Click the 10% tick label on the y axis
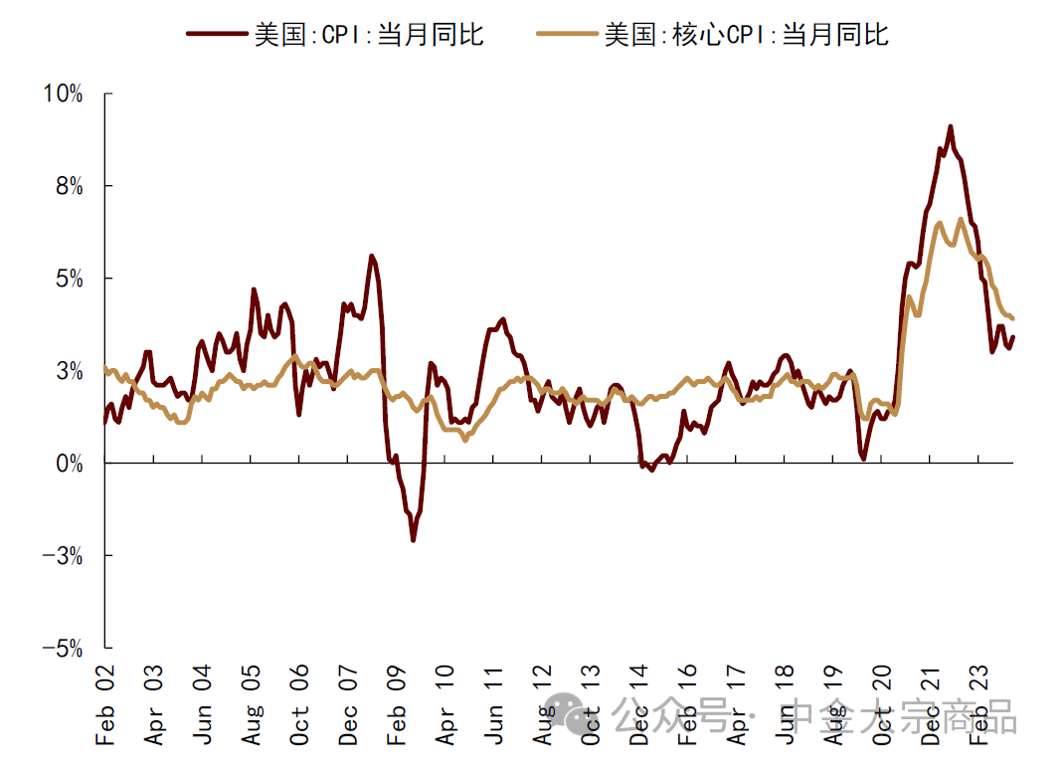pyautogui.click(x=63, y=95)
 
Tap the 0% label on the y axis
pyautogui.click(x=69, y=464)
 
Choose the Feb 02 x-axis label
pyautogui.click(x=105, y=710)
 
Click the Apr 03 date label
pyautogui.click(x=154, y=710)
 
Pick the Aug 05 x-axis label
pyautogui.click(x=252, y=710)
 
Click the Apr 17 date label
pyautogui.click(x=737, y=710)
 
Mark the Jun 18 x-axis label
pyautogui.click(x=786, y=710)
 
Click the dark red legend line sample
pyautogui.click(x=216, y=34)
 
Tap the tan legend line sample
pyautogui.click(x=567, y=34)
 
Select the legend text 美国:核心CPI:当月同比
pyautogui.click(x=746, y=34)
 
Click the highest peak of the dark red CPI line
pyautogui.click(x=951, y=127)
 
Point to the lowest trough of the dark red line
pyautogui.click(x=413, y=539)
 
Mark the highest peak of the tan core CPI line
pyautogui.click(x=961, y=220)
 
